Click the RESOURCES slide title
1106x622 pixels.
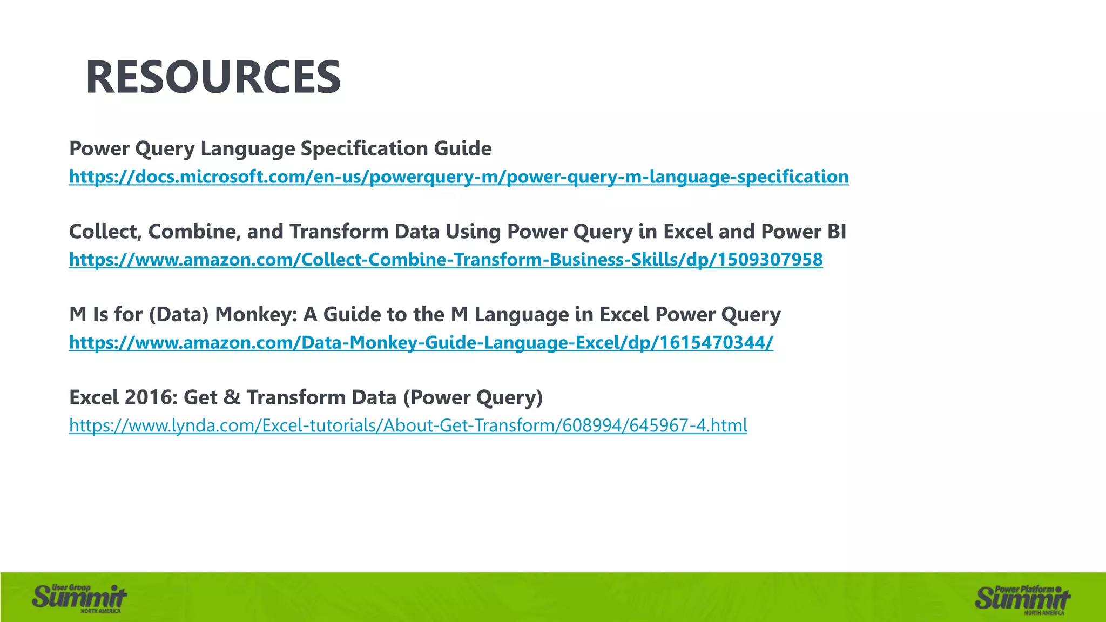213,77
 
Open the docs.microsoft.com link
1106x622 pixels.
458,177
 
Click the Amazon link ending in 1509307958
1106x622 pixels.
446,260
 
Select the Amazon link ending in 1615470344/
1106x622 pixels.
421,342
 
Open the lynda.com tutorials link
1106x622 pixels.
408,425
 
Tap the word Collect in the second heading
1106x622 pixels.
105,232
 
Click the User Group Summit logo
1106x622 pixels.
79,598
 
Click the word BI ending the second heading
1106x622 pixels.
837,232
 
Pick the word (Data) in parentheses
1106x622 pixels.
179,314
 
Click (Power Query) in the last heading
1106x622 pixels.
473,397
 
